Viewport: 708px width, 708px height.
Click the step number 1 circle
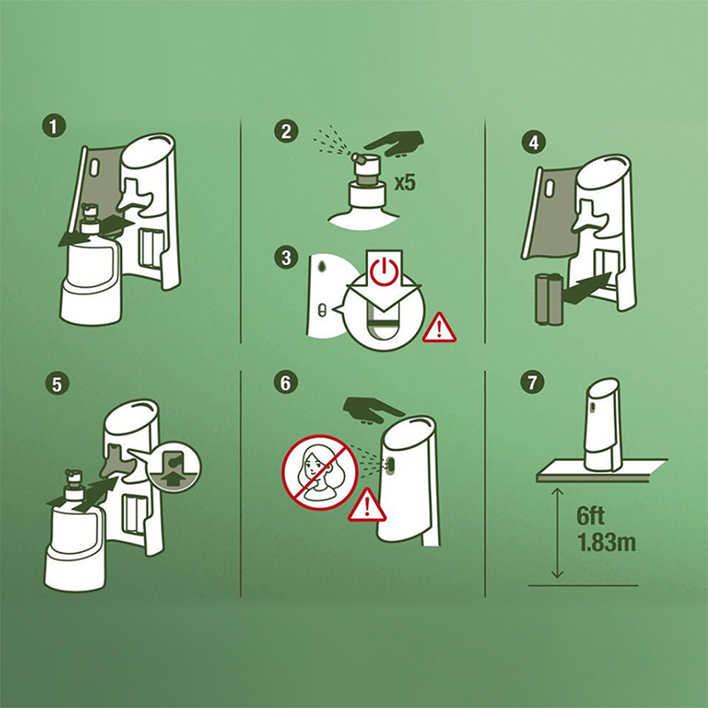[54, 126]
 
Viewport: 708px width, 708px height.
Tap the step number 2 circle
[286, 131]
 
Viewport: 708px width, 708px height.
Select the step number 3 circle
[286, 258]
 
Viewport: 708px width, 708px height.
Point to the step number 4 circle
[534, 142]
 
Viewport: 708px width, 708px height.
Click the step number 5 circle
[57, 384]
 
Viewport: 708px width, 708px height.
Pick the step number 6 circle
[286, 382]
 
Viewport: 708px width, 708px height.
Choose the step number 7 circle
[533, 382]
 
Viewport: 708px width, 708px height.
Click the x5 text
[405, 183]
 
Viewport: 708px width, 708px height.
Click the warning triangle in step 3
[439, 328]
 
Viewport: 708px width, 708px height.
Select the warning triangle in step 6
[366, 505]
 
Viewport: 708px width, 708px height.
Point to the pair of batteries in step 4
[549, 298]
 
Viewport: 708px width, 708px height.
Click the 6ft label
[590, 516]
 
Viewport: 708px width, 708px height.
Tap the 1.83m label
[606, 543]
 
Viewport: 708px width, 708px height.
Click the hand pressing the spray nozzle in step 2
[395, 143]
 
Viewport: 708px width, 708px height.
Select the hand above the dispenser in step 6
[373, 411]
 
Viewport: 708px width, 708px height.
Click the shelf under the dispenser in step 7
[602, 471]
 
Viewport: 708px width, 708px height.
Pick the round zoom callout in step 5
[173, 467]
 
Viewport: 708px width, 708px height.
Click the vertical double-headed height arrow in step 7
[558, 533]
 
